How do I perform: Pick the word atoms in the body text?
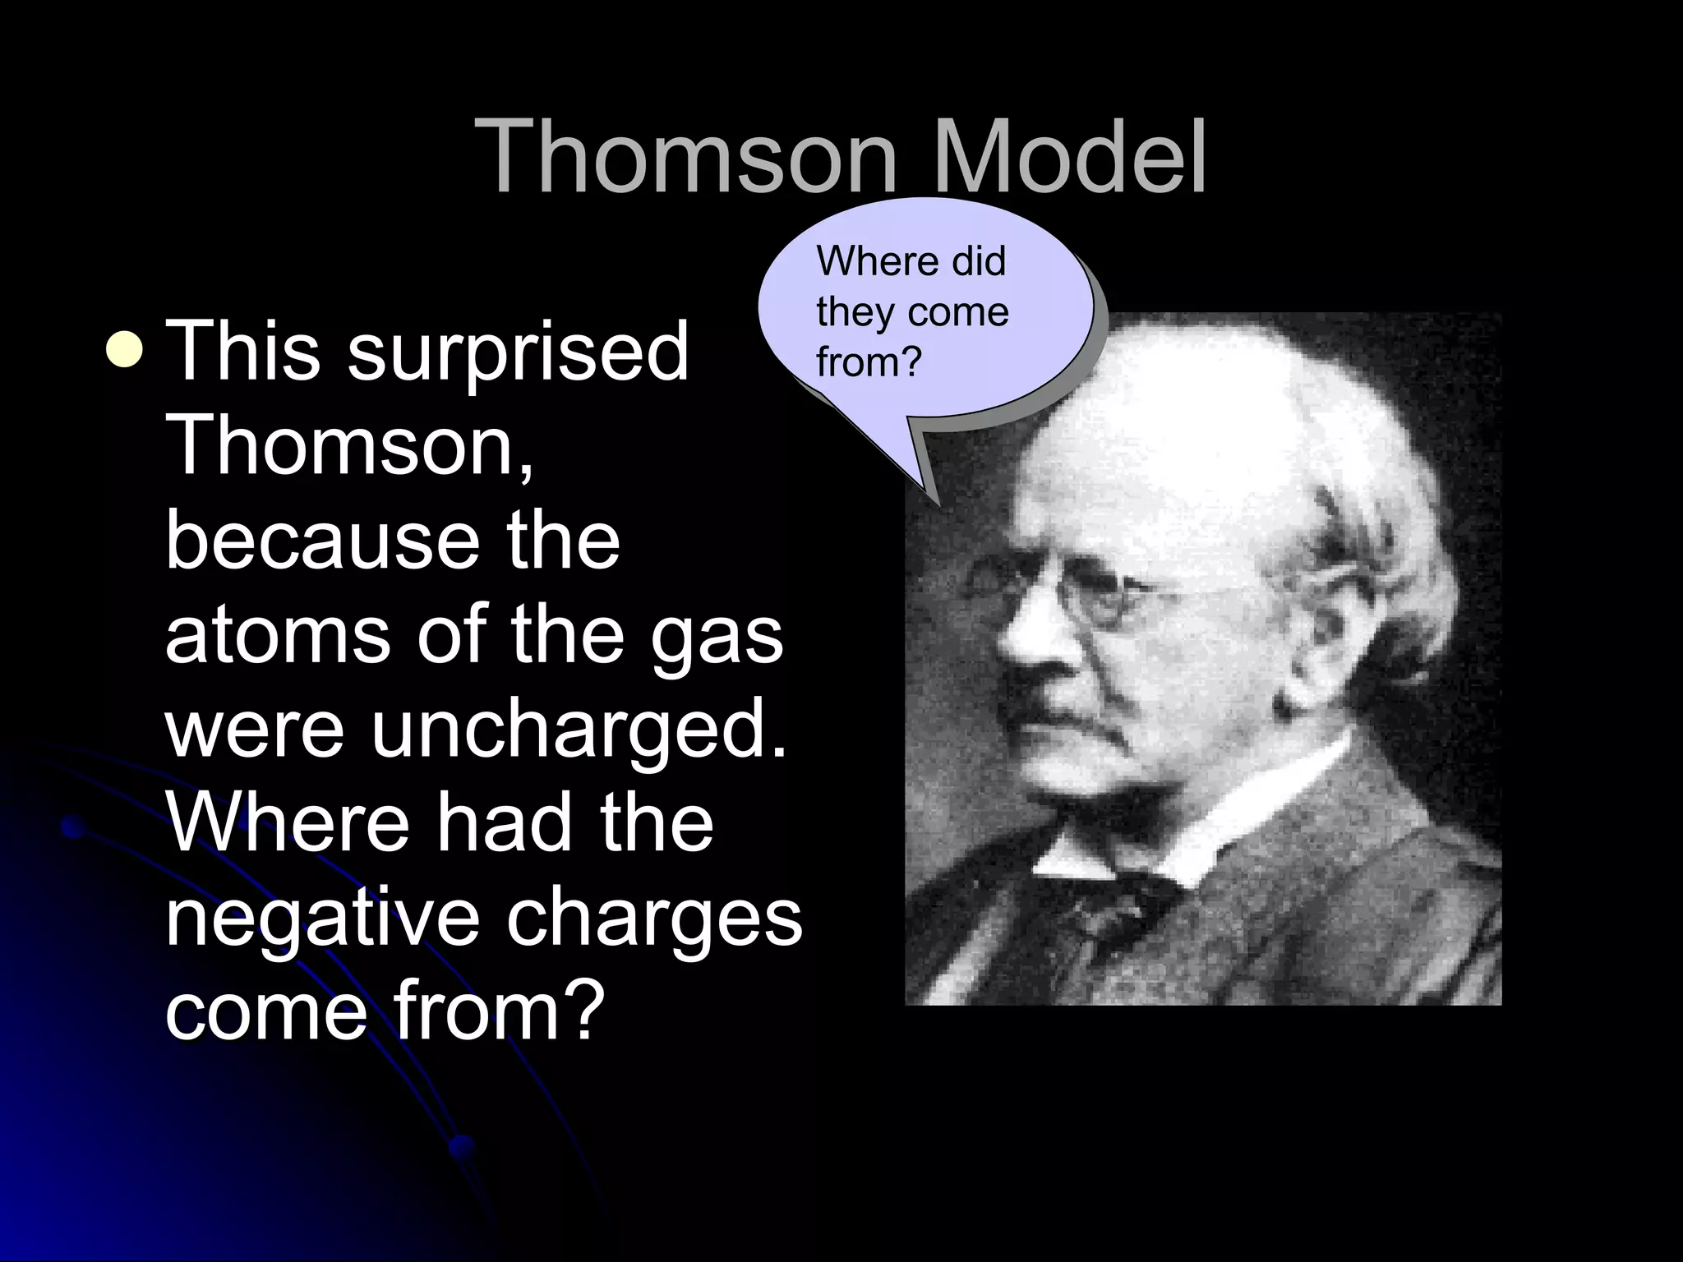(277, 634)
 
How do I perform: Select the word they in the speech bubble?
(848, 312)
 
